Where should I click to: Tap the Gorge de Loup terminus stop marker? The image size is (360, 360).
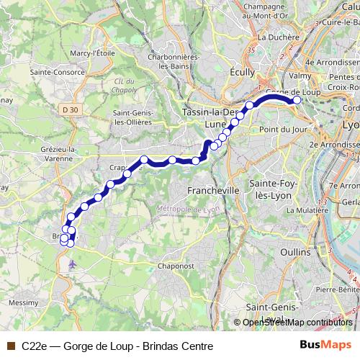click(x=296, y=101)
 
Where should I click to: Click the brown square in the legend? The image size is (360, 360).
click(x=10, y=346)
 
